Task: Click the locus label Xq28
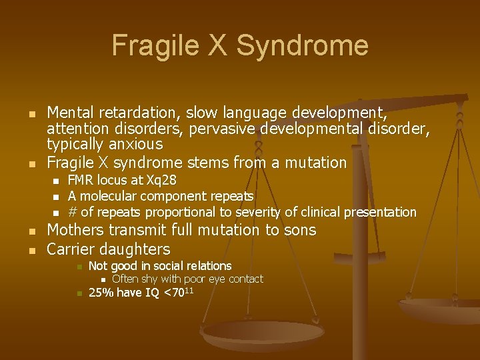tap(161, 181)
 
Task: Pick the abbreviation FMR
tap(81, 181)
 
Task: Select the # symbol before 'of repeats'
tap(73, 213)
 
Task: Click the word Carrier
tap(71, 249)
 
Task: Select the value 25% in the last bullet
tap(101, 293)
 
